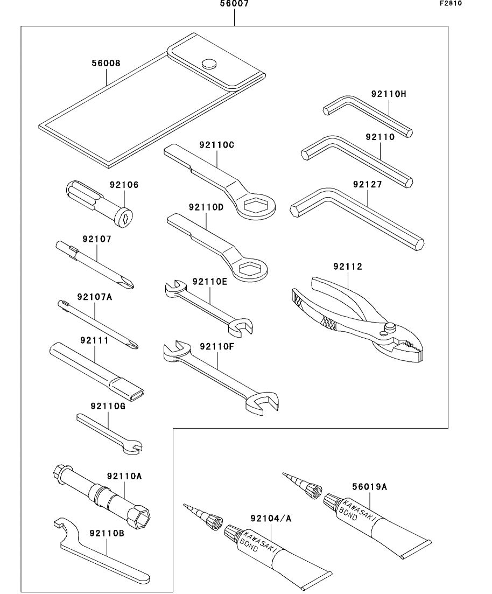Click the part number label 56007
(235, 4)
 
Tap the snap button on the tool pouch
(209, 64)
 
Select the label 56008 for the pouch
(106, 63)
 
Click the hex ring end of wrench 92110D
(249, 269)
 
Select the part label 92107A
(95, 297)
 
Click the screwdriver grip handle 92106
(100, 204)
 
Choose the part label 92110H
(389, 94)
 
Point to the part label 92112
(348, 267)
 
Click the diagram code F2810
(451, 3)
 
